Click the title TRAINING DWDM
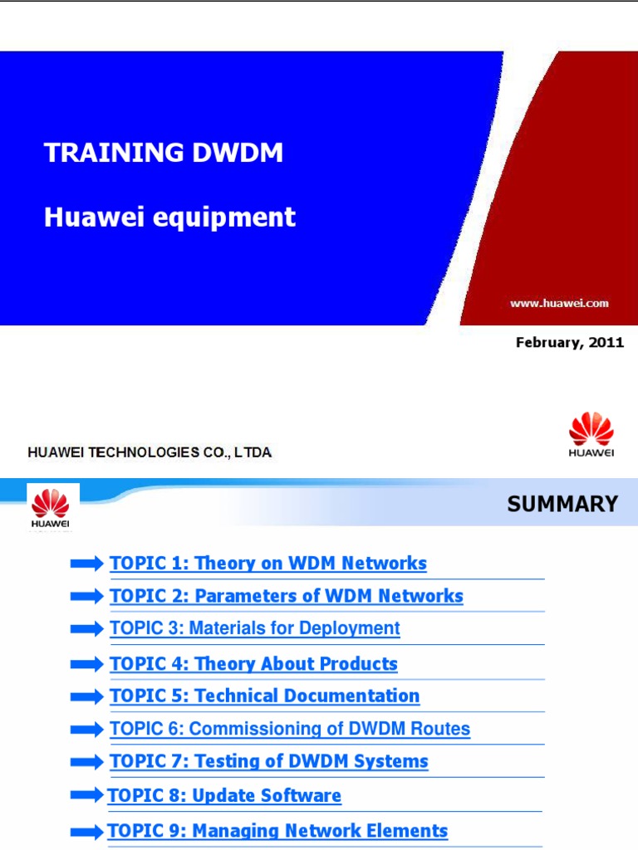pos(164,153)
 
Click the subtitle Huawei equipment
pos(169,217)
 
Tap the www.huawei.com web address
pos(559,304)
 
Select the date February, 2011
pos(569,342)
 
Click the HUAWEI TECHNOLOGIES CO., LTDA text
pos(150,452)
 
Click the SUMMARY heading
pos(562,504)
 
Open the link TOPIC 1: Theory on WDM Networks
pos(268,564)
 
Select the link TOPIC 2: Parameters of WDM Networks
pos(287,596)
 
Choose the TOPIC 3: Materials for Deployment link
pos(255,628)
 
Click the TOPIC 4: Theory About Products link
pos(253,664)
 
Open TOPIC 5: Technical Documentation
pos(265,696)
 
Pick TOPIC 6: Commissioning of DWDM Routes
pos(290,730)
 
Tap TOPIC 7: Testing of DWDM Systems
pos(269,762)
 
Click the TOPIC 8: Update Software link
pos(224,796)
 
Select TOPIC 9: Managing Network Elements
pos(277,831)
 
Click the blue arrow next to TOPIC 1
pos(87,564)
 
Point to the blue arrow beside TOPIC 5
pos(87,697)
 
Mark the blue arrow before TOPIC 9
pos(87,832)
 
